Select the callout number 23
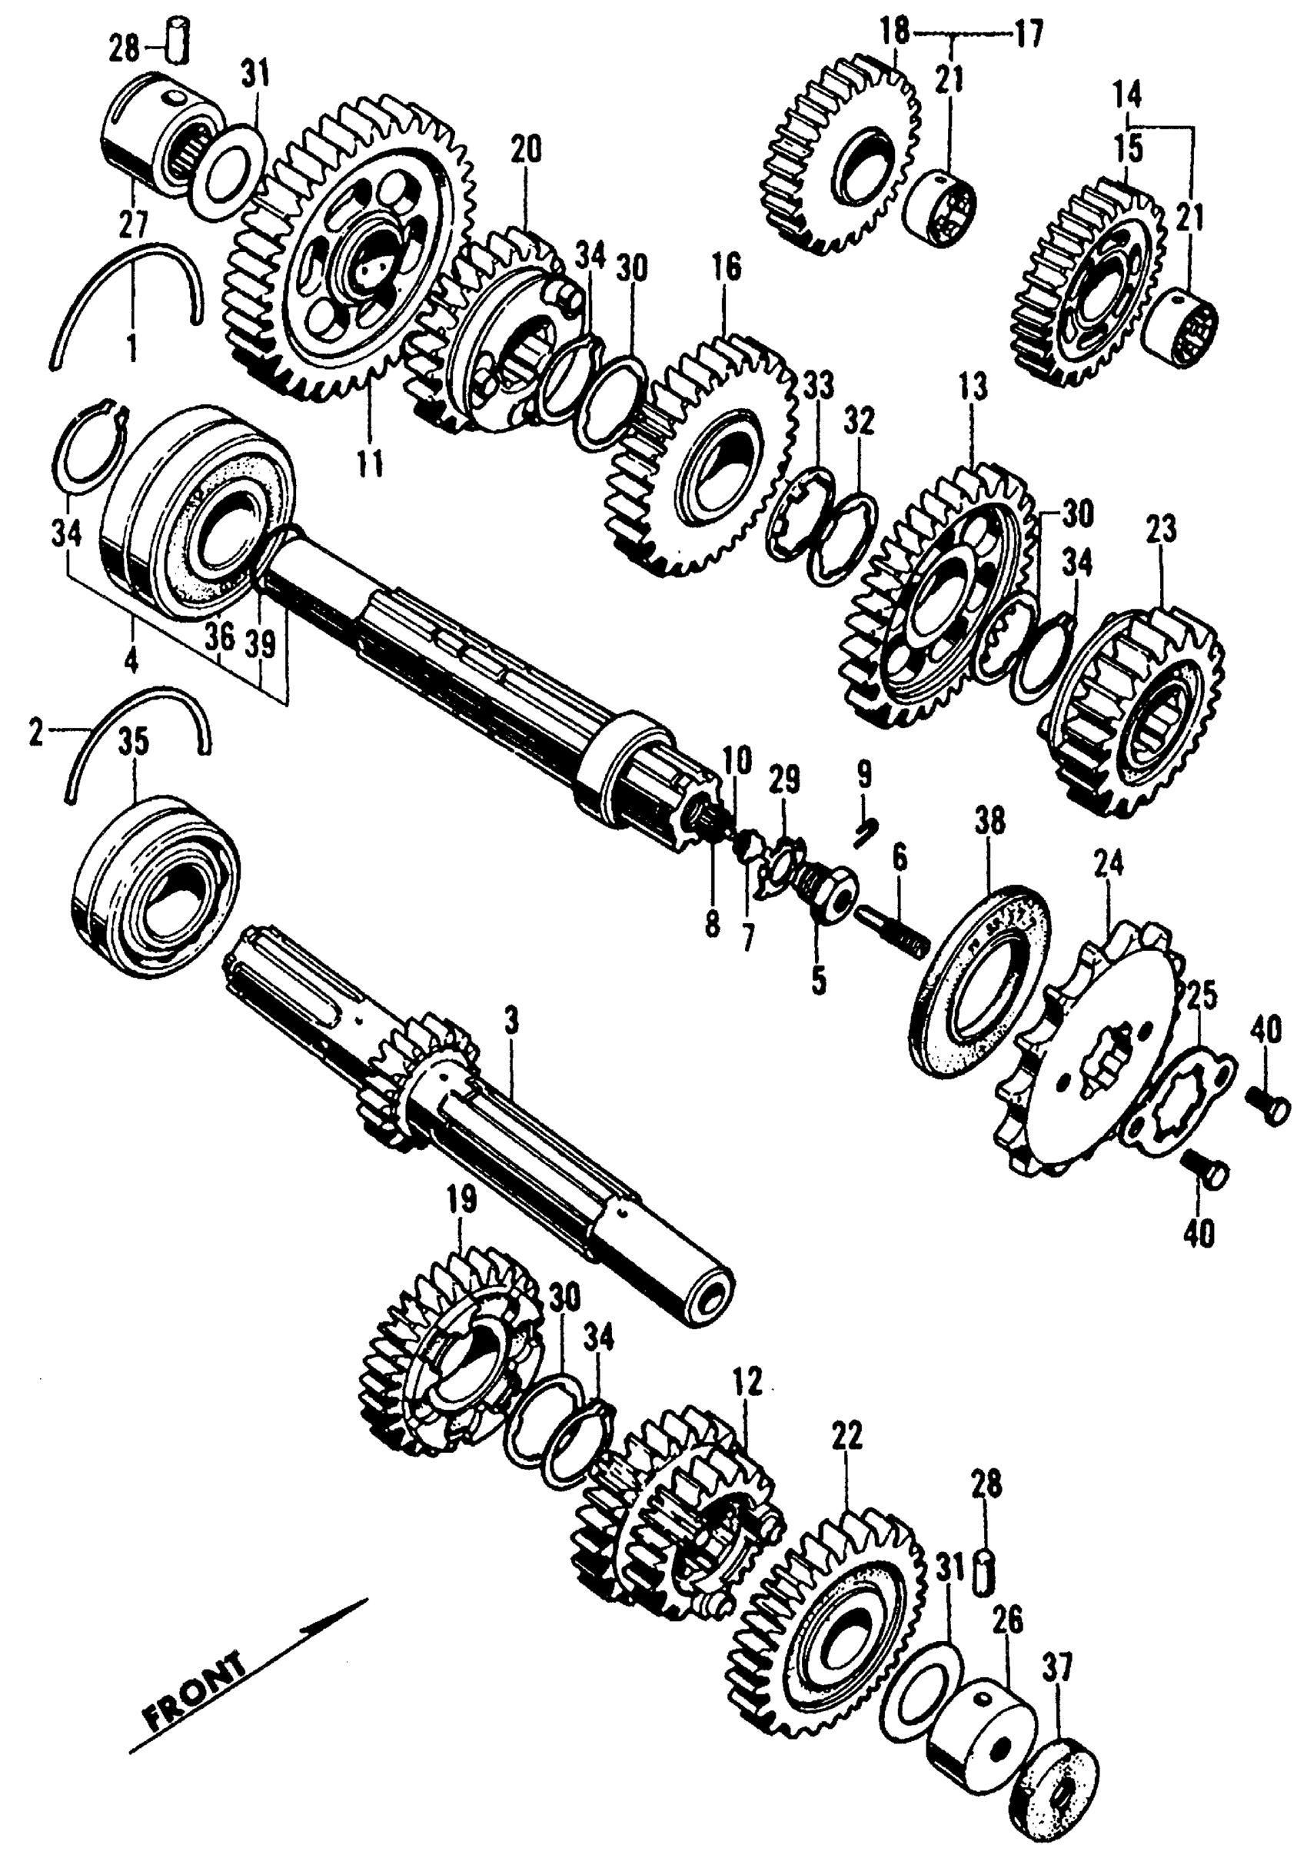coord(1160,532)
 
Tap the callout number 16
coord(727,268)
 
